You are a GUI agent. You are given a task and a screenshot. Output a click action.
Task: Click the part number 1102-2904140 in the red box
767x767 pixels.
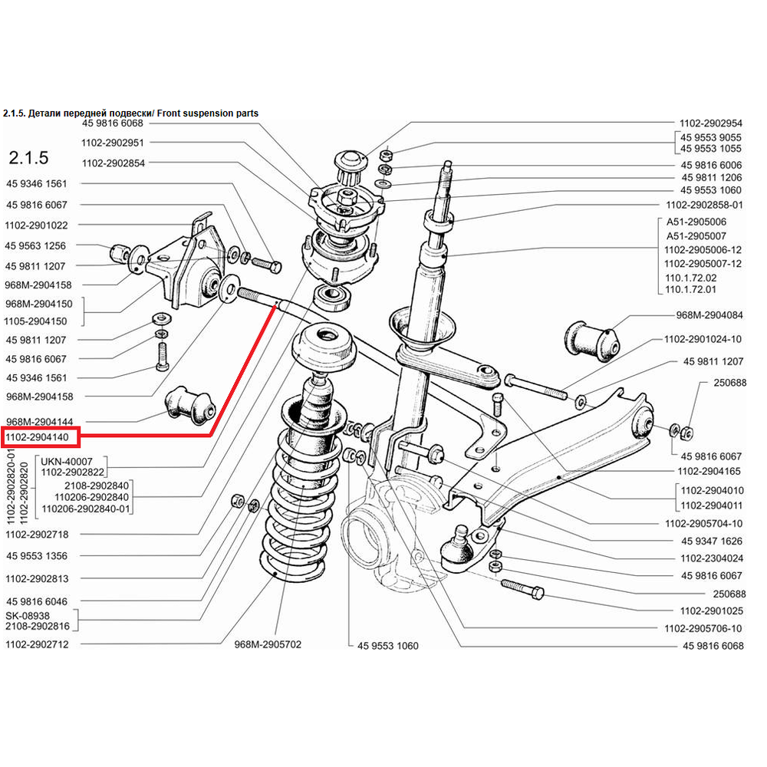point(38,437)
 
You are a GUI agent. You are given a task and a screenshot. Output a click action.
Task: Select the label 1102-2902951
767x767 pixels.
point(113,143)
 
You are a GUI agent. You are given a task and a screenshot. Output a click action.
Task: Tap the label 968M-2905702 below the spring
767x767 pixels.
point(268,644)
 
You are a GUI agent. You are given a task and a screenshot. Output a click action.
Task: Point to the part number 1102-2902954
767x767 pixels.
point(711,123)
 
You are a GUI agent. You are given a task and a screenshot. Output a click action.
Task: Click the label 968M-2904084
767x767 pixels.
point(709,315)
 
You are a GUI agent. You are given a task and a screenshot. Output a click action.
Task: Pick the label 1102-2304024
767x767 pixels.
point(711,558)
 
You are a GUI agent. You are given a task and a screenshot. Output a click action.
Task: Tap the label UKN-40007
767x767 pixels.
point(61,461)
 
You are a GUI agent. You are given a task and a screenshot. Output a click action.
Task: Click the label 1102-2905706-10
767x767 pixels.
point(703,628)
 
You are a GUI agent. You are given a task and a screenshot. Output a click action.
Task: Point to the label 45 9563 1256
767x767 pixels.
point(36,246)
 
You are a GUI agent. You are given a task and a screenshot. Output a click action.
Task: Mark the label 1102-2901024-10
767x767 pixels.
point(703,339)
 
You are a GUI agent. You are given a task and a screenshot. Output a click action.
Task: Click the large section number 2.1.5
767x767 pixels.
point(28,158)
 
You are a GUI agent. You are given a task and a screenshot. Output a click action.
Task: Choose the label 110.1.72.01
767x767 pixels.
point(691,289)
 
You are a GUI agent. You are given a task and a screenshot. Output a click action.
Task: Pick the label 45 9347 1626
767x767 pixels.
point(711,542)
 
